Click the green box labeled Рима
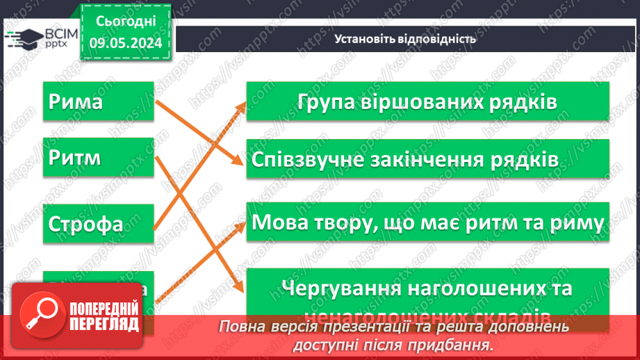click(x=98, y=101)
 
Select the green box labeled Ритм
click(x=98, y=158)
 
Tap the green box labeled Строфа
click(x=98, y=224)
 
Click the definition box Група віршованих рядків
click(x=427, y=101)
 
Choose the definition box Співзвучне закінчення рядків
click(x=427, y=159)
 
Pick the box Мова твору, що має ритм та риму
click(x=427, y=223)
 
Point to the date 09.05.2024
click(x=124, y=42)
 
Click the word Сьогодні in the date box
click(x=124, y=22)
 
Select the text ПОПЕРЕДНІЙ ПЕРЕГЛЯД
click(x=104, y=317)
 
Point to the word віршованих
click(x=421, y=101)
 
